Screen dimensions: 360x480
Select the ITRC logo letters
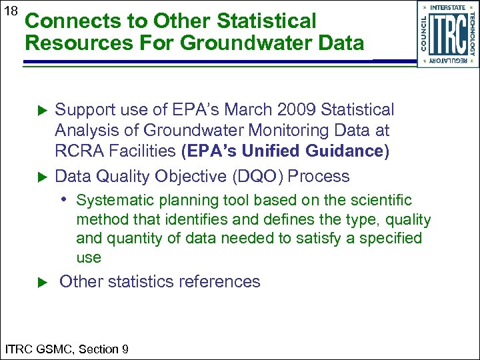point(448,33)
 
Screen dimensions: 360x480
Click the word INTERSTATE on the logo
point(448,7)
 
